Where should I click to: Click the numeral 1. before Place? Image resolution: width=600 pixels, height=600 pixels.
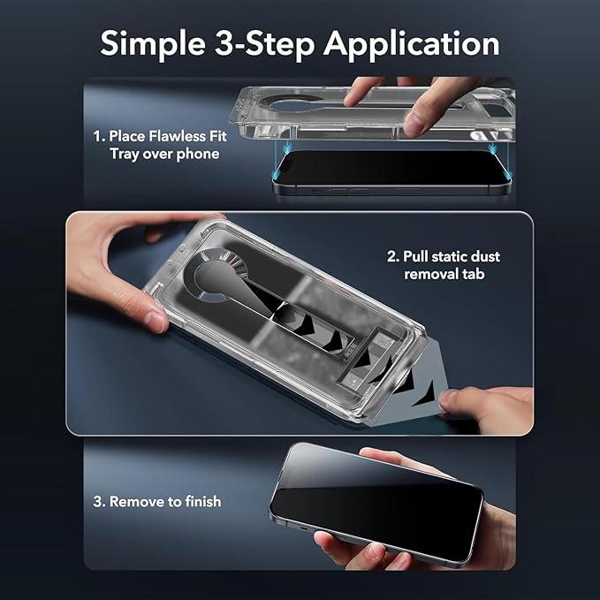(99, 136)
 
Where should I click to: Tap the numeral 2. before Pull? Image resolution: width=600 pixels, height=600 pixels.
(392, 256)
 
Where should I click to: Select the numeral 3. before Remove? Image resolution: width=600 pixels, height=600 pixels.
(99, 501)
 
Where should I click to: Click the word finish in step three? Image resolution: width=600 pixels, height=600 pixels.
(199, 501)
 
